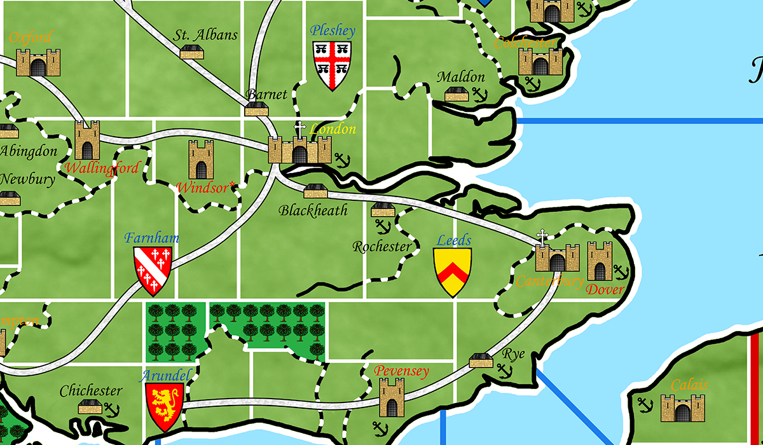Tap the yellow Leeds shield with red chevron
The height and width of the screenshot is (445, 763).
pyautogui.click(x=452, y=271)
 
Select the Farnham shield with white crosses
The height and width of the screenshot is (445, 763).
pyautogui.click(x=153, y=270)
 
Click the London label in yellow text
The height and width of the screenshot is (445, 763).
pyautogui.click(x=333, y=129)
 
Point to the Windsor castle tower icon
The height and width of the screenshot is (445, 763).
pyautogui.click(x=201, y=160)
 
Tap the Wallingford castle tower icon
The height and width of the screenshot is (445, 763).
pyautogui.click(x=87, y=140)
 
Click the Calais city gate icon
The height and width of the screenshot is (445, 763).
pyautogui.click(x=682, y=408)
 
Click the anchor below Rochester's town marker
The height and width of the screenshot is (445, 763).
pyautogui.click(x=383, y=226)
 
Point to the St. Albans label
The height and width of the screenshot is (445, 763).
pyautogui.click(x=205, y=36)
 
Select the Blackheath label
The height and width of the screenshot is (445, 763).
pyautogui.click(x=313, y=210)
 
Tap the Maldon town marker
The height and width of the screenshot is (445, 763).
pyautogui.click(x=457, y=95)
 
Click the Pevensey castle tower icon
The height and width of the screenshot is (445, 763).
pyautogui.click(x=392, y=397)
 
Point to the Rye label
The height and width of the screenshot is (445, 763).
pyautogui.click(x=514, y=354)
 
